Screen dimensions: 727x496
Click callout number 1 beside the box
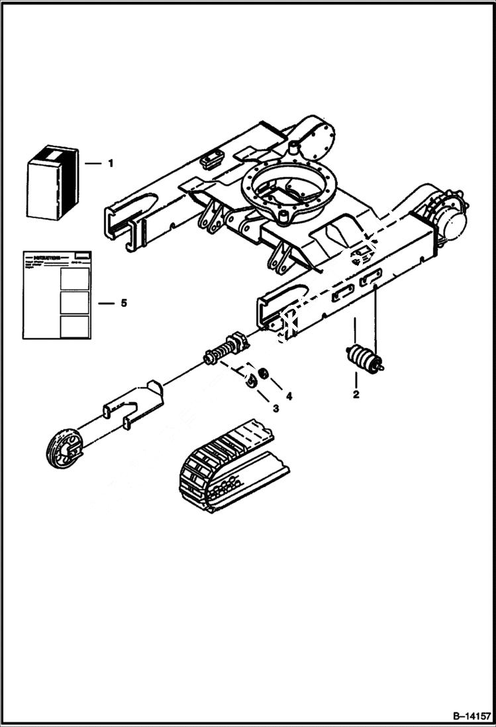click(111, 163)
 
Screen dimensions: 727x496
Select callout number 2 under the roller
click(356, 395)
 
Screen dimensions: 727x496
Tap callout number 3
click(276, 408)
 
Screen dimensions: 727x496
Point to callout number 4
click(289, 396)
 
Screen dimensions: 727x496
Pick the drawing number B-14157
click(471, 716)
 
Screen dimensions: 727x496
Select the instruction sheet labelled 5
click(57, 295)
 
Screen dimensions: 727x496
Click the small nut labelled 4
click(263, 374)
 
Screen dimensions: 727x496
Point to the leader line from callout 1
click(92, 163)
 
